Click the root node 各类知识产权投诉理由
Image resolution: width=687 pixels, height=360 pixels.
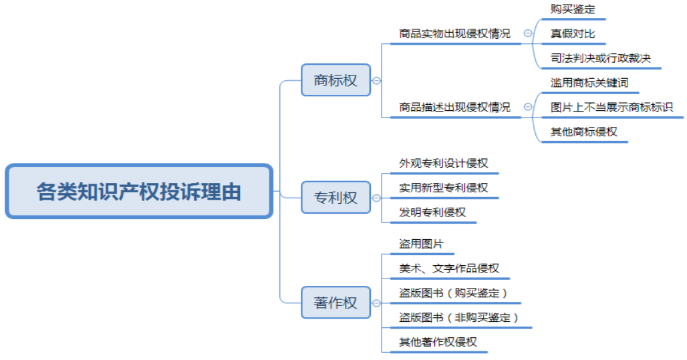click(x=139, y=192)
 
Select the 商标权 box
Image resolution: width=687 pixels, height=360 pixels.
click(x=335, y=81)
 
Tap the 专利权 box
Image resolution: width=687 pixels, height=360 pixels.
click(x=335, y=198)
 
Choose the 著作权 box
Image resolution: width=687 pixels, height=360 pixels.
click(x=335, y=303)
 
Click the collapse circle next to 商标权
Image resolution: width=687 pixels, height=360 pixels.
click(x=376, y=81)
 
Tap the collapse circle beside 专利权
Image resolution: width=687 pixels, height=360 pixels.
click(x=376, y=198)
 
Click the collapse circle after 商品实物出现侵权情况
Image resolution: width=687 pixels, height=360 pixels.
click(x=528, y=33)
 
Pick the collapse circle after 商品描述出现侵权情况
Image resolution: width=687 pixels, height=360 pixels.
click(x=528, y=107)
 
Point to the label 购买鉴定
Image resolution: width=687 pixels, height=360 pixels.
click(x=573, y=9)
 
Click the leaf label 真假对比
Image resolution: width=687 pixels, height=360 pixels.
click(x=573, y=33)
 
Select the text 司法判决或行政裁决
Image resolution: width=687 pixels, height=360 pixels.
click(x=600, y=58)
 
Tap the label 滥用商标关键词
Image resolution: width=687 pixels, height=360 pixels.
click(x=589, y=83)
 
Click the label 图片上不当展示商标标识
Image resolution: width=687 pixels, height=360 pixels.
click(x=611, y=107)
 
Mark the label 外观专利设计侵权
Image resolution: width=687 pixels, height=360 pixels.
click(x=444, y=164)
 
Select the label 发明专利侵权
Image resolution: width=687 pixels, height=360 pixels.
click(x=432, y=212)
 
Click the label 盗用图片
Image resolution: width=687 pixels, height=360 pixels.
click(x=421, y=244)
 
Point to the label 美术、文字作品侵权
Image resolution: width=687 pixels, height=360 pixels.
click(x=449, y=268)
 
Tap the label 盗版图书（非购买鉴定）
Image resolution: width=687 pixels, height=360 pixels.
click(x=458, y=317)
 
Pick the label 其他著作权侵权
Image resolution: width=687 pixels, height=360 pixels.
click(x=438, y=342)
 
